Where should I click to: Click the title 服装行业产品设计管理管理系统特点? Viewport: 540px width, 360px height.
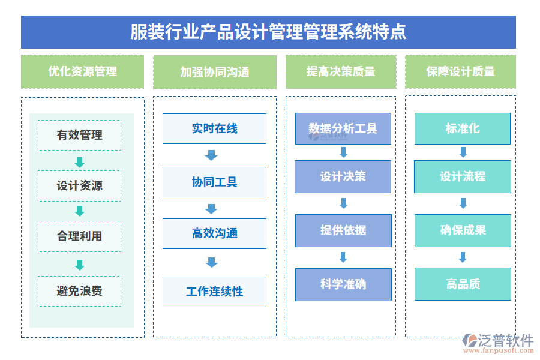point(268,32)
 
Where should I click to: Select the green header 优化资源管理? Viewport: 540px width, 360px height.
point(82,71)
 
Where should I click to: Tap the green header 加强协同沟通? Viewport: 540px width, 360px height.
point(215,72)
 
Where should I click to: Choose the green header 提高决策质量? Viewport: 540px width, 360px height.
point(341,71)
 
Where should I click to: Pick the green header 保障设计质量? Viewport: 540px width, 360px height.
point(460,71)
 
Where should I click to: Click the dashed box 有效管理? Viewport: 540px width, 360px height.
point(79,135)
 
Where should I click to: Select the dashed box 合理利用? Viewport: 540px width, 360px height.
point(79,236)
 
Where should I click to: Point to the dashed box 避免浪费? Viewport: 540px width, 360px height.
point(79,291)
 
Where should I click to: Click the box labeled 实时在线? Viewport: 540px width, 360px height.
point(214,128)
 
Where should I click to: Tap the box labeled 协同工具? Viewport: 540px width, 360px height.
point(214,182)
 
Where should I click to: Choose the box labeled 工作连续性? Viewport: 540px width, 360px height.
point(214,292)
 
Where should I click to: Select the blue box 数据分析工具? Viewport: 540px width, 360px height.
point(343,128)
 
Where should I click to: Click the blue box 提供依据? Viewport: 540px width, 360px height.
point(343,230)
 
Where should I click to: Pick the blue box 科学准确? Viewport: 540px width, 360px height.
point(343,284)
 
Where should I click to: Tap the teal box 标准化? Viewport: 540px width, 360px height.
point(463,128)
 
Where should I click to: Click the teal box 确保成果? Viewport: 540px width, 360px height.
point(463,230)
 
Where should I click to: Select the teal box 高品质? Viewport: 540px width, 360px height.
point(463,284)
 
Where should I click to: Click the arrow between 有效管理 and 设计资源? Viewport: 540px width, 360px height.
point(79,162)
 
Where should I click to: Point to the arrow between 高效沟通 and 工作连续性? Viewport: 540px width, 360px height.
point(211,262)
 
